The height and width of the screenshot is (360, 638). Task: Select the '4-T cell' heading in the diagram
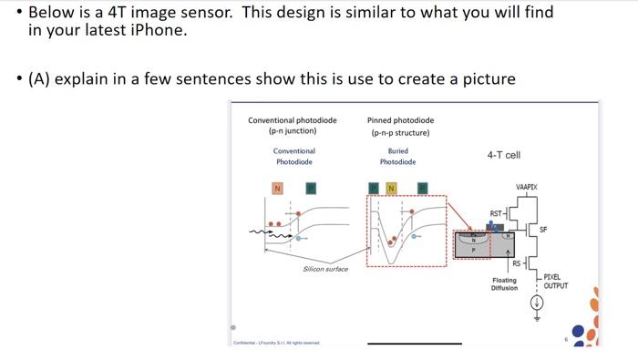pos(504,155)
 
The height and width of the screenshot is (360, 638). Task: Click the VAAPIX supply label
pos(526,186)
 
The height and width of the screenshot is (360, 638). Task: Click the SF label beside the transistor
pos(543,228)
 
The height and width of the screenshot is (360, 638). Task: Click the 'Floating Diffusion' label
pos(504,284)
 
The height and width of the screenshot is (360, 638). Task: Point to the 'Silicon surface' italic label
pos(325,269)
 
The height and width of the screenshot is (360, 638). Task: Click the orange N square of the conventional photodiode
pos(277,188)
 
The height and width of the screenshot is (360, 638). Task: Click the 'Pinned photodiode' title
pos(400,119)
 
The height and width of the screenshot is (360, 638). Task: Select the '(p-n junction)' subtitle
pos(293,131)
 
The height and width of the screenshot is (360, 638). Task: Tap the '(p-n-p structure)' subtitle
pos(400,132)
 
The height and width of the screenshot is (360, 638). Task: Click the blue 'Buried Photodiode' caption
pos(397,156)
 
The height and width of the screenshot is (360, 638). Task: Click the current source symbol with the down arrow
pos(536,305)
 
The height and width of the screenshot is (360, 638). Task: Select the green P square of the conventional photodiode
pos(310,188)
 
